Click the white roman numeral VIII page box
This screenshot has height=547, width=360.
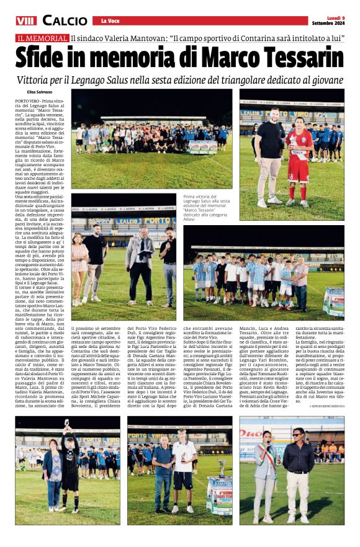[x=26, y=21]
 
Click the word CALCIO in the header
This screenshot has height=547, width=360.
[x=65, y=21]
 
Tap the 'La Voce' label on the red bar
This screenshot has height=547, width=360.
[x=110, y=21]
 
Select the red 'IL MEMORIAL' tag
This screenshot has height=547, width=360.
[x=43, y=38]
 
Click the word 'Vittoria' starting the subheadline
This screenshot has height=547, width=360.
[x=42, y=81]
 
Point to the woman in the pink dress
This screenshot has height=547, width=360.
[x=80, y=260]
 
